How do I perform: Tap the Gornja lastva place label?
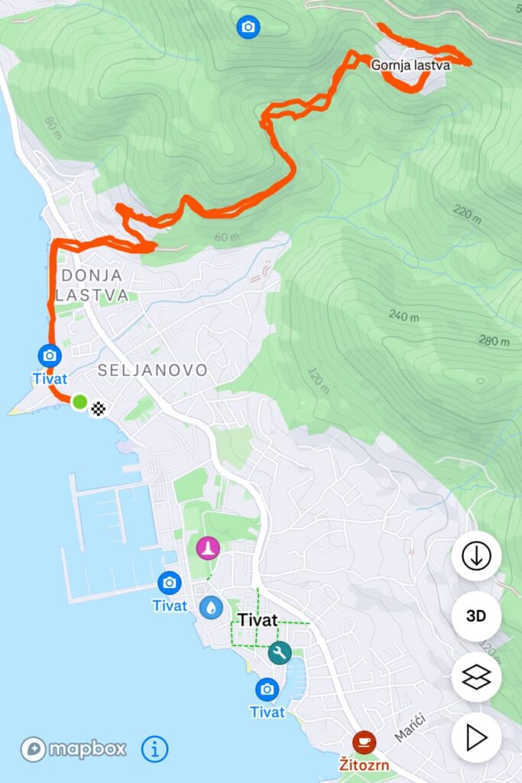coord(410,66)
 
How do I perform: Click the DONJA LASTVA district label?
coord(91,284)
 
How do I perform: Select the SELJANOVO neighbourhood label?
coord(152,370)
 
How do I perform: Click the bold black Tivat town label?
coord(257,620)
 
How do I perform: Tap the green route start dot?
coord(79,401)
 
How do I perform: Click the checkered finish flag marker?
coord(99,409)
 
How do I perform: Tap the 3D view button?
coord(476,616)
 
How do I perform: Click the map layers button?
coord(476,677)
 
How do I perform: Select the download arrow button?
coord(476,556)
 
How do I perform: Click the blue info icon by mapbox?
coord(154,749)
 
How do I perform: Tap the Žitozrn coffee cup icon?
coord(364,742)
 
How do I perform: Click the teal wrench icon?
coord(279,652)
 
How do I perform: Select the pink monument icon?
coord(208,547)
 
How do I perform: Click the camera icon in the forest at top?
coord(248,27)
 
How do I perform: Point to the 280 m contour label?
coord(494,340)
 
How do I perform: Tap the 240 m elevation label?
coord(404,315)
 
